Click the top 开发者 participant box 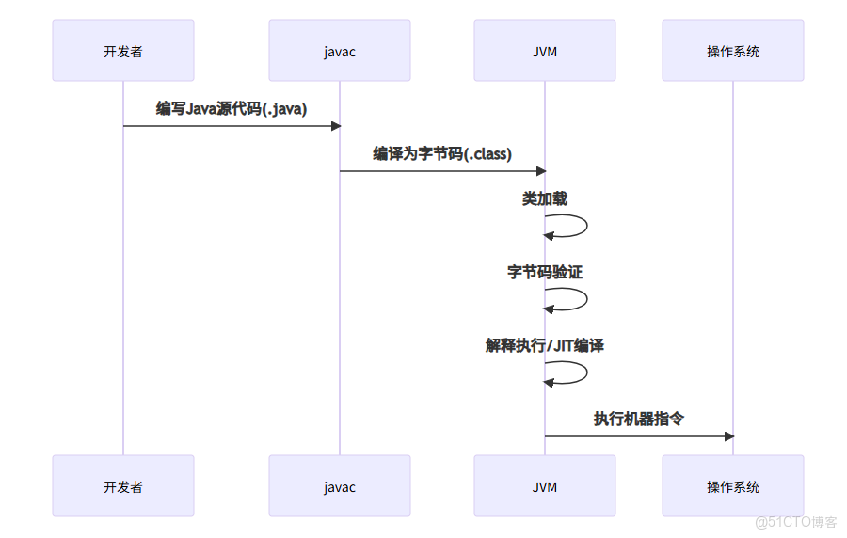click(123, 51)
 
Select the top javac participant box click(340, 51)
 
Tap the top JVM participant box click(545, 51)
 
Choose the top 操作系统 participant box click(733, 51)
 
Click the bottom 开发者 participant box click(123, 486)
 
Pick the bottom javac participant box click(340, 486)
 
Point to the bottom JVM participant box click(545, 486)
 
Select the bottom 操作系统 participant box click(733, 486)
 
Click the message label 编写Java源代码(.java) click(232, 108)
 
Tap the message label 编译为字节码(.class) click(442, 153)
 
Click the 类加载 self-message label click(545, 199)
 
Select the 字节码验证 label click(545, 272)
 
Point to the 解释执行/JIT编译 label click(545, 345)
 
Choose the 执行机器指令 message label click(639, 419)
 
